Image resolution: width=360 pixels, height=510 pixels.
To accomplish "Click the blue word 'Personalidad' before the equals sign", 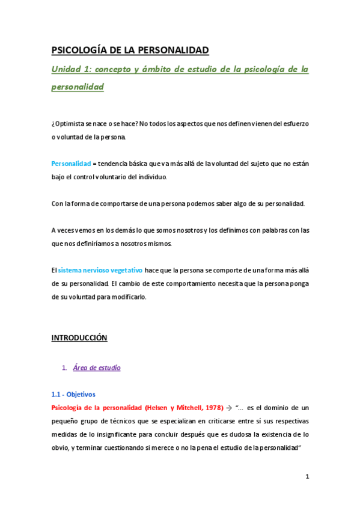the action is (x=71, y=163).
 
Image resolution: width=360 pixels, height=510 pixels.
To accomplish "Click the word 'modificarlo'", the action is (x=127, y=297).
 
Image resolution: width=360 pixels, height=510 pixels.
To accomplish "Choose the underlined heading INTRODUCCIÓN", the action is (x=79, y=338).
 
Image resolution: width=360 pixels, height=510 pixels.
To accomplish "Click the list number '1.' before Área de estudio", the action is (x=64, y=367).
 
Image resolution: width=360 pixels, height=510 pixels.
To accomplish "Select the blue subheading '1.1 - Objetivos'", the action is (x=73, y=395).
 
